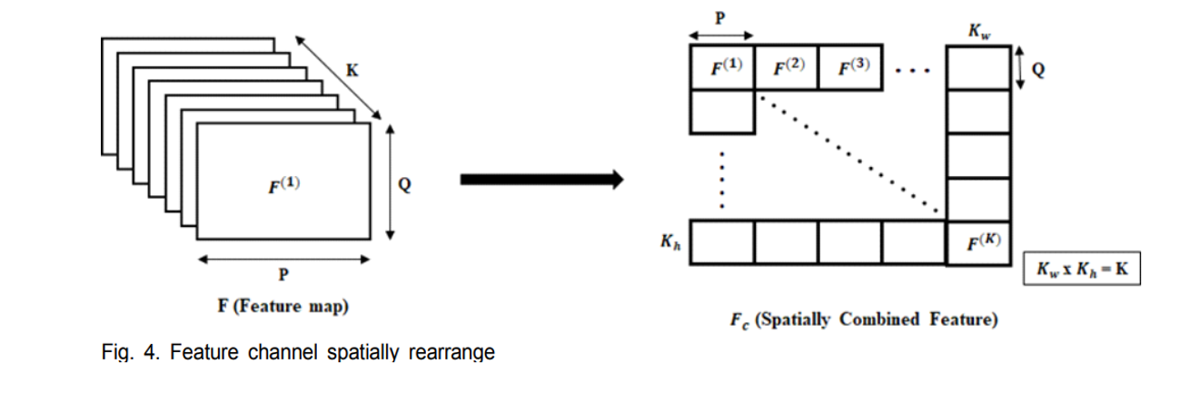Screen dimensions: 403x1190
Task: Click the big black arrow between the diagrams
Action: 541,180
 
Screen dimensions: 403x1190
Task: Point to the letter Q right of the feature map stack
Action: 405,184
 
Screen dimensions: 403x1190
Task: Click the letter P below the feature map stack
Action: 283,276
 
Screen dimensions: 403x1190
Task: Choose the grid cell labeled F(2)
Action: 787,67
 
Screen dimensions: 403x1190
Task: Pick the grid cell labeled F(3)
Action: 850,67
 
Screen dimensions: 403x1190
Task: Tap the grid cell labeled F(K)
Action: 978,242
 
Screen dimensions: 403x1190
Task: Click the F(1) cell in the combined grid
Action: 723,67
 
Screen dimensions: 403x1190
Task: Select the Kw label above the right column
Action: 977,32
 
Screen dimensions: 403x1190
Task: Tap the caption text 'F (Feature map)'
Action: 283,307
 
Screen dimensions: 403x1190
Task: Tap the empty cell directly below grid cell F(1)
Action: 723,112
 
